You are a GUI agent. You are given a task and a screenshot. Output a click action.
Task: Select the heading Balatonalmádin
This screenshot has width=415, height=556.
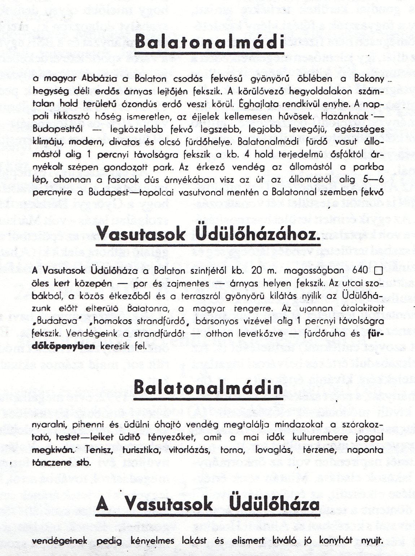coord(208,388)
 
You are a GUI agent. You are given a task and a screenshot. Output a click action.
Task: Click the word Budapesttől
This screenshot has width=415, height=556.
coord(53,129)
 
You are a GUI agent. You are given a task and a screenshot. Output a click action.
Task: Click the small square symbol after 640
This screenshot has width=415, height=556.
coord(378,270)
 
